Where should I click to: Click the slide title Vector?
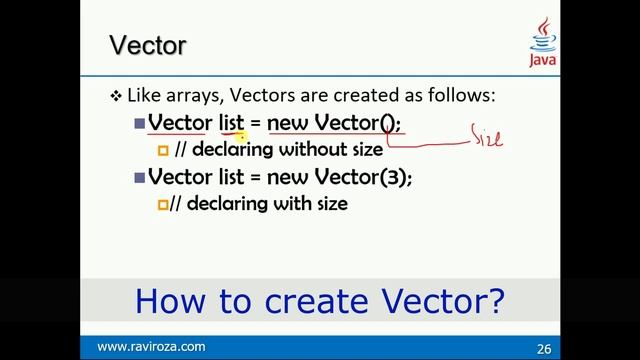click(x=147, y=45)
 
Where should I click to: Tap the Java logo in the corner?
click(x=544, y=44)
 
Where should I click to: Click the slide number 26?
click(x=544, y=347)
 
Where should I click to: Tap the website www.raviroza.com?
click(x=151, y=346)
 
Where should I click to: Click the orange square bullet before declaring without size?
click(x=164, y=151)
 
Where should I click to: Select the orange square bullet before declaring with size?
click(x=164, y=204)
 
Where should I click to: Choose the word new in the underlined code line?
click(x=289, y=124)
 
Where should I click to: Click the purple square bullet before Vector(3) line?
click(x=139, y=177)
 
